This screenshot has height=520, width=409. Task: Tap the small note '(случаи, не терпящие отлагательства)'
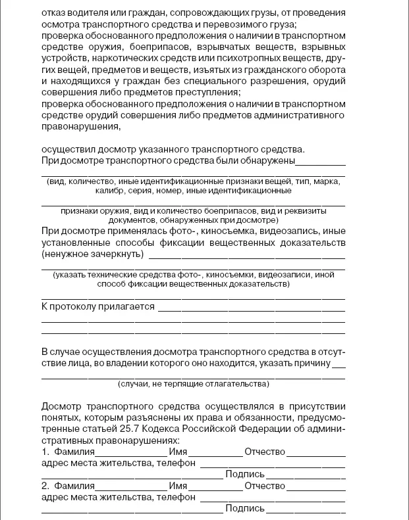[x=192, y=383]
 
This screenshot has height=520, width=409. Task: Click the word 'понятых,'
[x=62, y=418]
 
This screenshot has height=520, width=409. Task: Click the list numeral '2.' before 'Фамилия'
[x=45, y=486]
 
